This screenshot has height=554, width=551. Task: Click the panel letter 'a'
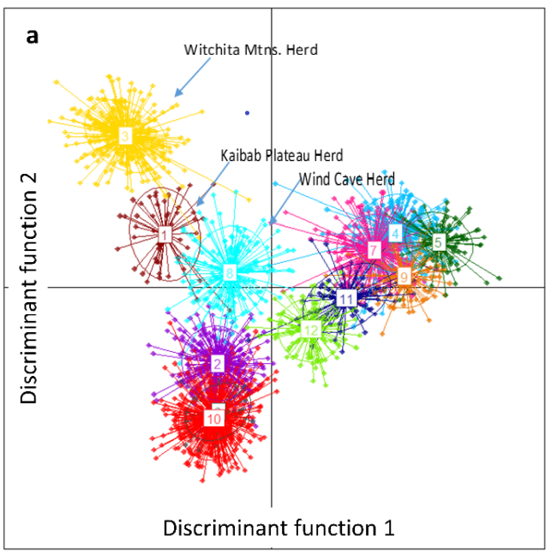pos(32,36)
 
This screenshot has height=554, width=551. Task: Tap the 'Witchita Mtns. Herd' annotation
pos(250,50)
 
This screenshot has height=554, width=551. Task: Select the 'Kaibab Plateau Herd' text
pos(281,155)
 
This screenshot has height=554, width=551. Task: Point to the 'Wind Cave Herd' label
pos(346,180)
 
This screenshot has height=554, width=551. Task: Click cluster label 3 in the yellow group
pos(125,136)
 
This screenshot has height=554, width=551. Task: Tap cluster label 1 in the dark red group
pos(164,234)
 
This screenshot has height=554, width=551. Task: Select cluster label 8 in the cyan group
pos(230,274)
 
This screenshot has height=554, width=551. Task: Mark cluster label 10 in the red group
pos(213,419)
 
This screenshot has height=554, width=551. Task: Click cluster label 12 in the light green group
pos(311,331)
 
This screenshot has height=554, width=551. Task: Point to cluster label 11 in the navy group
pos(345,299)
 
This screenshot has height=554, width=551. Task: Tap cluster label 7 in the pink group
pos(374,250)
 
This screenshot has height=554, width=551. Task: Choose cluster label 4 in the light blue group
pos(395,233)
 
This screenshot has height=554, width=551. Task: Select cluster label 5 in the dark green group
pos(438,242)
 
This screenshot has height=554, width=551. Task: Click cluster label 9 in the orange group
pos(404,276)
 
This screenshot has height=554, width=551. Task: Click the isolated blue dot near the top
pos(247,112)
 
